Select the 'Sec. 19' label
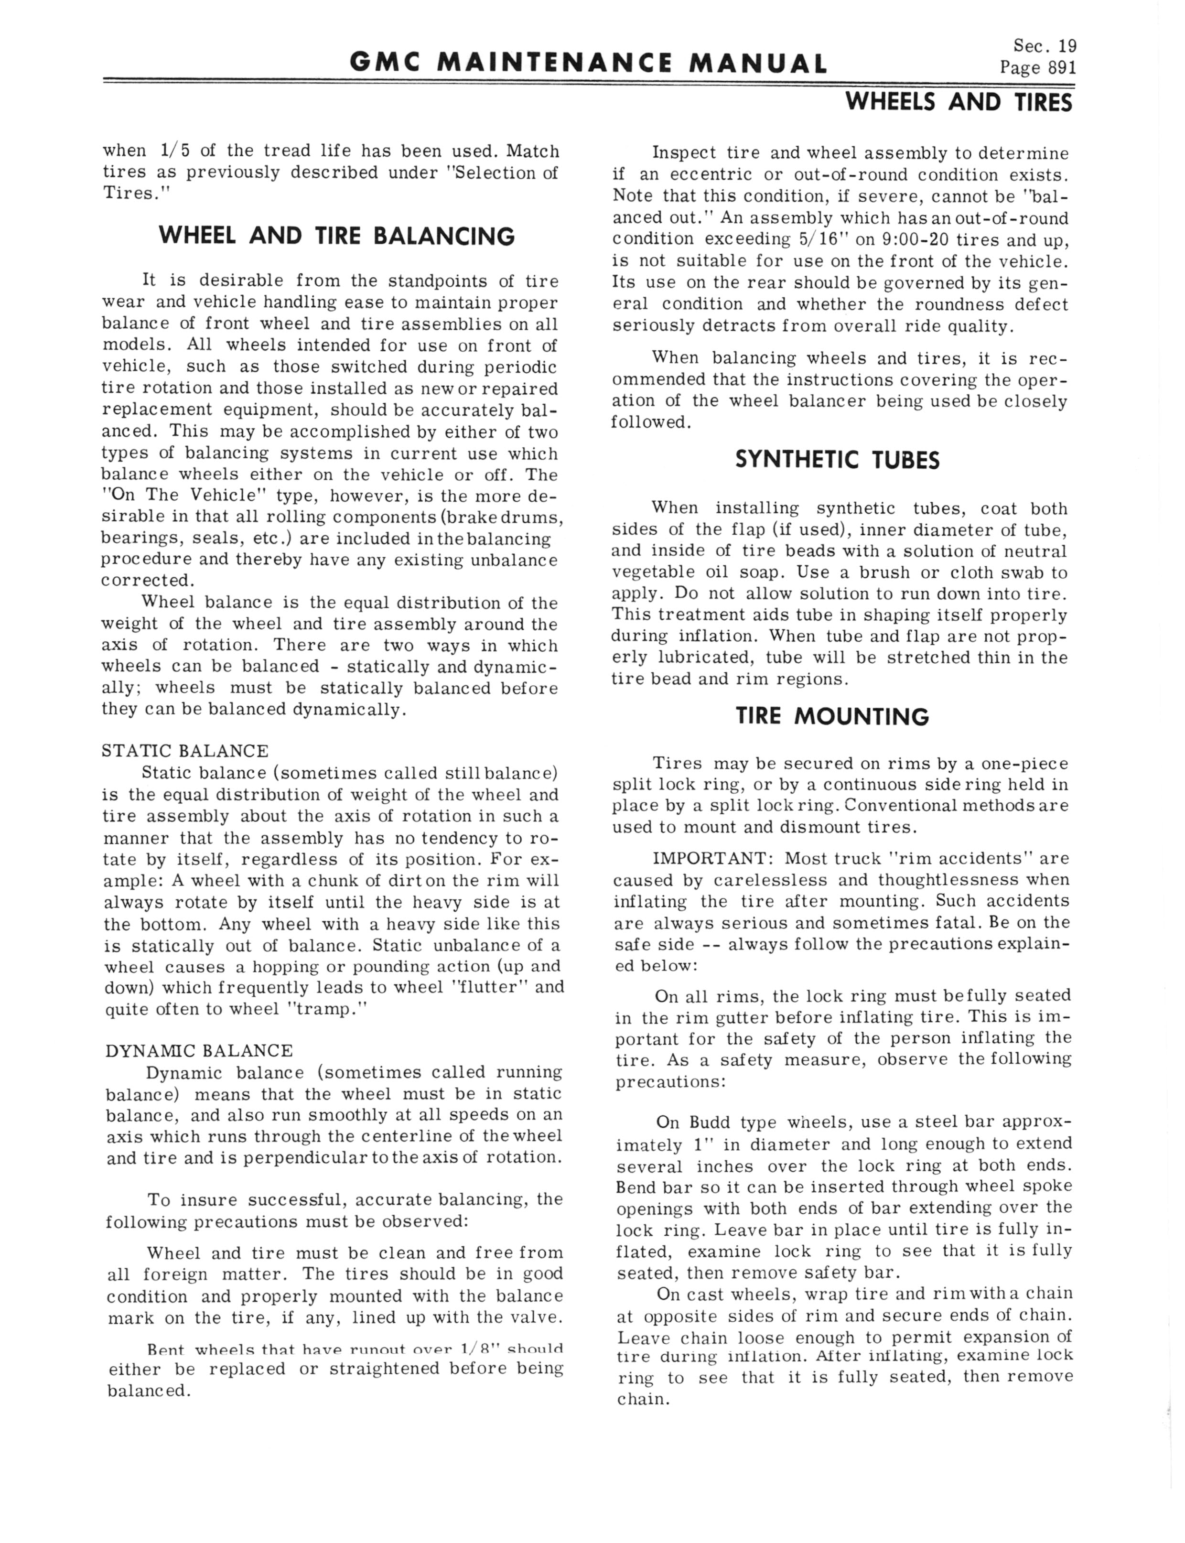(x=1045, y=46)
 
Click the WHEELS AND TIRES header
(x=959, y=103)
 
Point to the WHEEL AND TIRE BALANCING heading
(x=337, y=236)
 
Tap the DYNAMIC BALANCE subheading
(x=198, y=1051)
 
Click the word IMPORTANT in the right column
(x=711, y=859)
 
